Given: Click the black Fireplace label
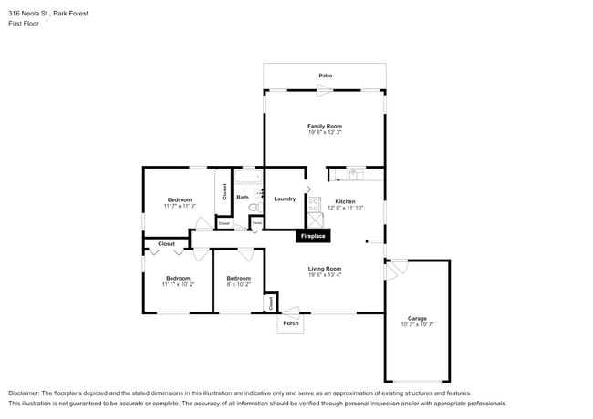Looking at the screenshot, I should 312,237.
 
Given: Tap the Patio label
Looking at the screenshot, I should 325,76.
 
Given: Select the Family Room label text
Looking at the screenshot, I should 325,126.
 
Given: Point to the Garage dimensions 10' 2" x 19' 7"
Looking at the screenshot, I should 417,324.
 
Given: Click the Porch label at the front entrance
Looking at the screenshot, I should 291,323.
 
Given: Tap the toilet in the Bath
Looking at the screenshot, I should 255,208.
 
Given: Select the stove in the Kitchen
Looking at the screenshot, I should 314,204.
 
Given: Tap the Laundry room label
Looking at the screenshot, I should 285,199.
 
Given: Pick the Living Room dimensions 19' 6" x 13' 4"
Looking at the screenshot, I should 324,275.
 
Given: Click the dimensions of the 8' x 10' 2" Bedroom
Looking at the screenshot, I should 238,284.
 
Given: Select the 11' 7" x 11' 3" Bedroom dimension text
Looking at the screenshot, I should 180,206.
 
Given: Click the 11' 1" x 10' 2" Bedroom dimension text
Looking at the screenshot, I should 178,284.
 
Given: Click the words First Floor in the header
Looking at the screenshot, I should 24,24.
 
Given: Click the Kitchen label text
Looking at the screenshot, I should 345,201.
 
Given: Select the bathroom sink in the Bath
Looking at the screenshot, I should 258,192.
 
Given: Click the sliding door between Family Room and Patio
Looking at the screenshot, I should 324,89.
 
